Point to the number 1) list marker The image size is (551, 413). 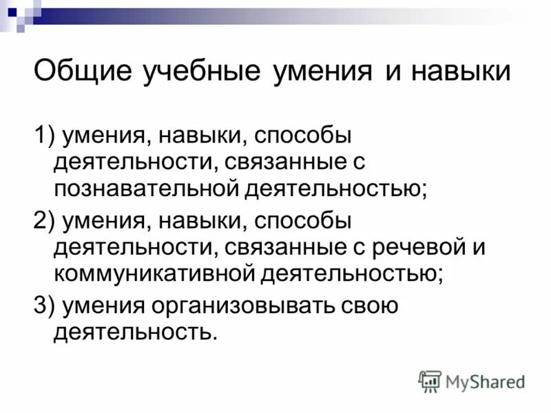(45, 136)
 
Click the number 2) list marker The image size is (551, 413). (45, 222)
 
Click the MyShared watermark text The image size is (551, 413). (485, 381)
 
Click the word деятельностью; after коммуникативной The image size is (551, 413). (351, 273)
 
